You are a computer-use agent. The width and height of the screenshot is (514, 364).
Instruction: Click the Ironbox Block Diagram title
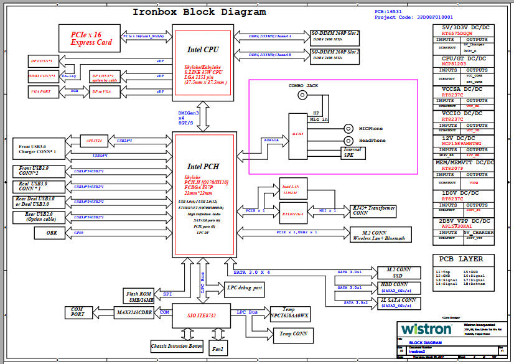point(199,12)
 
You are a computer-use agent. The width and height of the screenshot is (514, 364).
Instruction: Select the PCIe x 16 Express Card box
point(87,39)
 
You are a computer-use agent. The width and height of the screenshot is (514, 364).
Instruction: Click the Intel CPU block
point(203,62)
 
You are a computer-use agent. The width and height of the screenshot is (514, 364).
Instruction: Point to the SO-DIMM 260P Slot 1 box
point(335,35)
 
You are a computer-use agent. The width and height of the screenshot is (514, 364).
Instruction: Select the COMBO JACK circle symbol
point(303,95)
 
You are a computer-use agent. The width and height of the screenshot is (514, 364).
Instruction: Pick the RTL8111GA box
point(292,214)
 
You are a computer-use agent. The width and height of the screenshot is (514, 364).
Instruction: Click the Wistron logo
point(426,329)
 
